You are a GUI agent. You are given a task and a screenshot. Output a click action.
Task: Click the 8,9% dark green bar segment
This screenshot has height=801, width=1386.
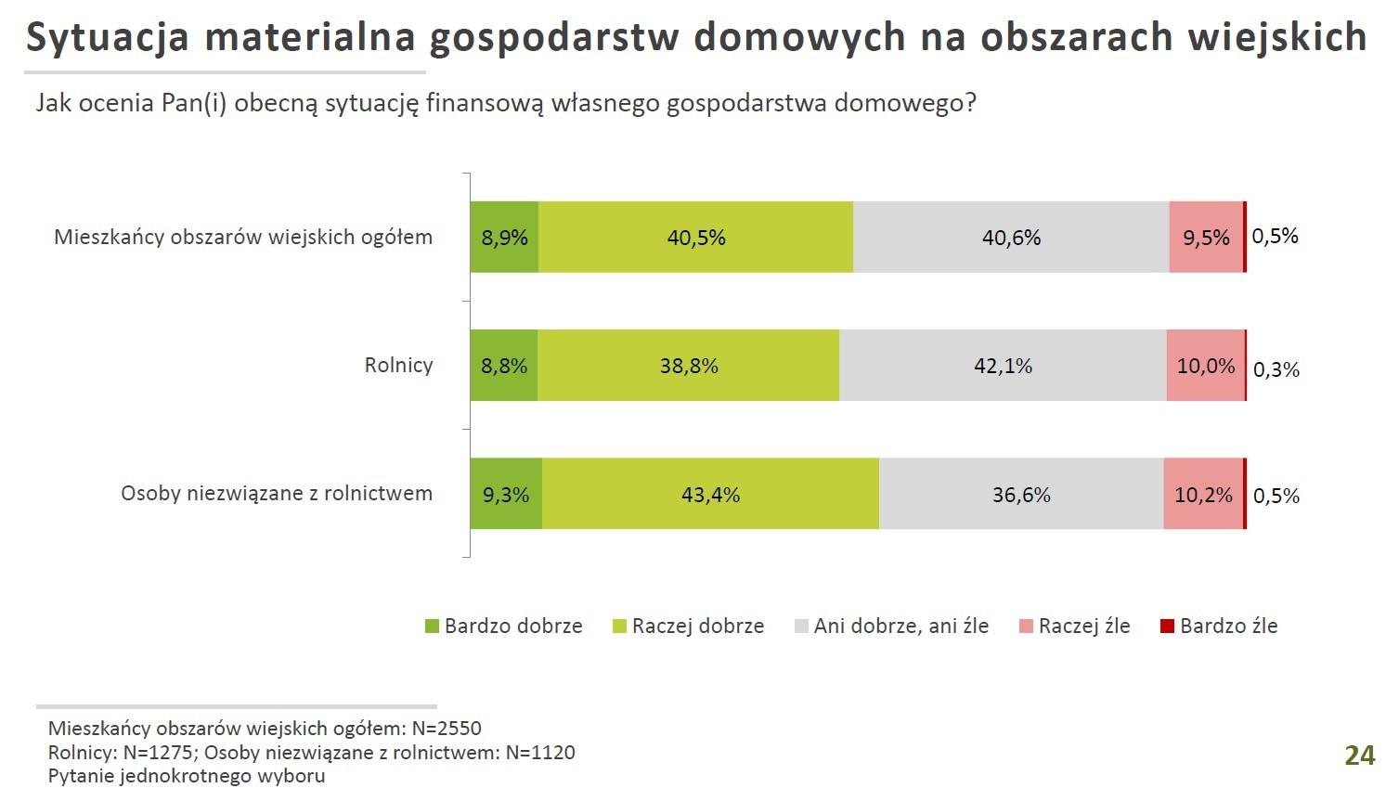click(x=504, y=238)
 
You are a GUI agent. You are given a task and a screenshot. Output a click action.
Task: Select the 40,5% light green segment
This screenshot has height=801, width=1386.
click(x=695, y=238)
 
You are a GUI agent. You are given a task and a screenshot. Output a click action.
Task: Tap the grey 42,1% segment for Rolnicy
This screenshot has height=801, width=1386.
click(x=1003, y=366)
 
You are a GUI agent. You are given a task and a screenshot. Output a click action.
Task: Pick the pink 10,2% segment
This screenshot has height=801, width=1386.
click(x=1203, y=495)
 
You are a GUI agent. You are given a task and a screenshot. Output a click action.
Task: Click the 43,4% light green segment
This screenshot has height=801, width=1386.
click(x=710, y=495)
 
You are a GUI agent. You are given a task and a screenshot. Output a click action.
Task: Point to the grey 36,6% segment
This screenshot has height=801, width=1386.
click(x=1021, y=495)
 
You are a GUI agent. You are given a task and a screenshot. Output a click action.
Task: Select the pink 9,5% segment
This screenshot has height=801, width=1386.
click(x=1206, y=238)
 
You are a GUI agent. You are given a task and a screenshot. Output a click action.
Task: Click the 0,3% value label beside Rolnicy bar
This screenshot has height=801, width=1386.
click(x=1276, y=369)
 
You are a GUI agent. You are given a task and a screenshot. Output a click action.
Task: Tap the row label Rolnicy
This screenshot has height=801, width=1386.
click(x=398, y=365)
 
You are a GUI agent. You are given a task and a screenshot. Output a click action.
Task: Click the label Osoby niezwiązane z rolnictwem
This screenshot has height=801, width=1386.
click(x=277, y=493)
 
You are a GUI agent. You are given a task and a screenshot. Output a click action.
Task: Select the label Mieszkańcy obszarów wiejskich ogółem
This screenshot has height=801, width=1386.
click(x=243, y=237)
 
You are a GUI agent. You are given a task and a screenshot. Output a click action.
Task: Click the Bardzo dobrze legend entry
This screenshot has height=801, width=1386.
click(x=503, y=627)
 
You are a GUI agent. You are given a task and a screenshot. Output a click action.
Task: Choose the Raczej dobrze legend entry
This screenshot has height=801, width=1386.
click(x=688, y=627)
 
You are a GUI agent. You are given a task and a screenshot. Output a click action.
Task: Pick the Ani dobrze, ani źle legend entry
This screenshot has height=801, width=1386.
click(x=891, y=627)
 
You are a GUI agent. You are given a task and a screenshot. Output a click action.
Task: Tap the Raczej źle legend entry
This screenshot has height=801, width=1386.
click(x=1074, y=627)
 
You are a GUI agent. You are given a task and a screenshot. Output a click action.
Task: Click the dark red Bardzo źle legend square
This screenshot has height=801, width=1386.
click(x=1167, y=627)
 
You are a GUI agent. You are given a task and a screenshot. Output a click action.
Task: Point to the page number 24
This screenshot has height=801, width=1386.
click(x=1359, y=756)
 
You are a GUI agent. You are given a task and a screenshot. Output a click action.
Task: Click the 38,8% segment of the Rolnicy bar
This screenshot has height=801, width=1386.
click(x=689, y=366)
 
